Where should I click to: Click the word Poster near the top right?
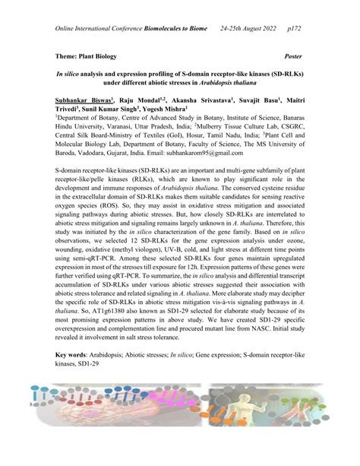[x=292, y=57]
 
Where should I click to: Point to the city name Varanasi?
[x=114, y=129]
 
